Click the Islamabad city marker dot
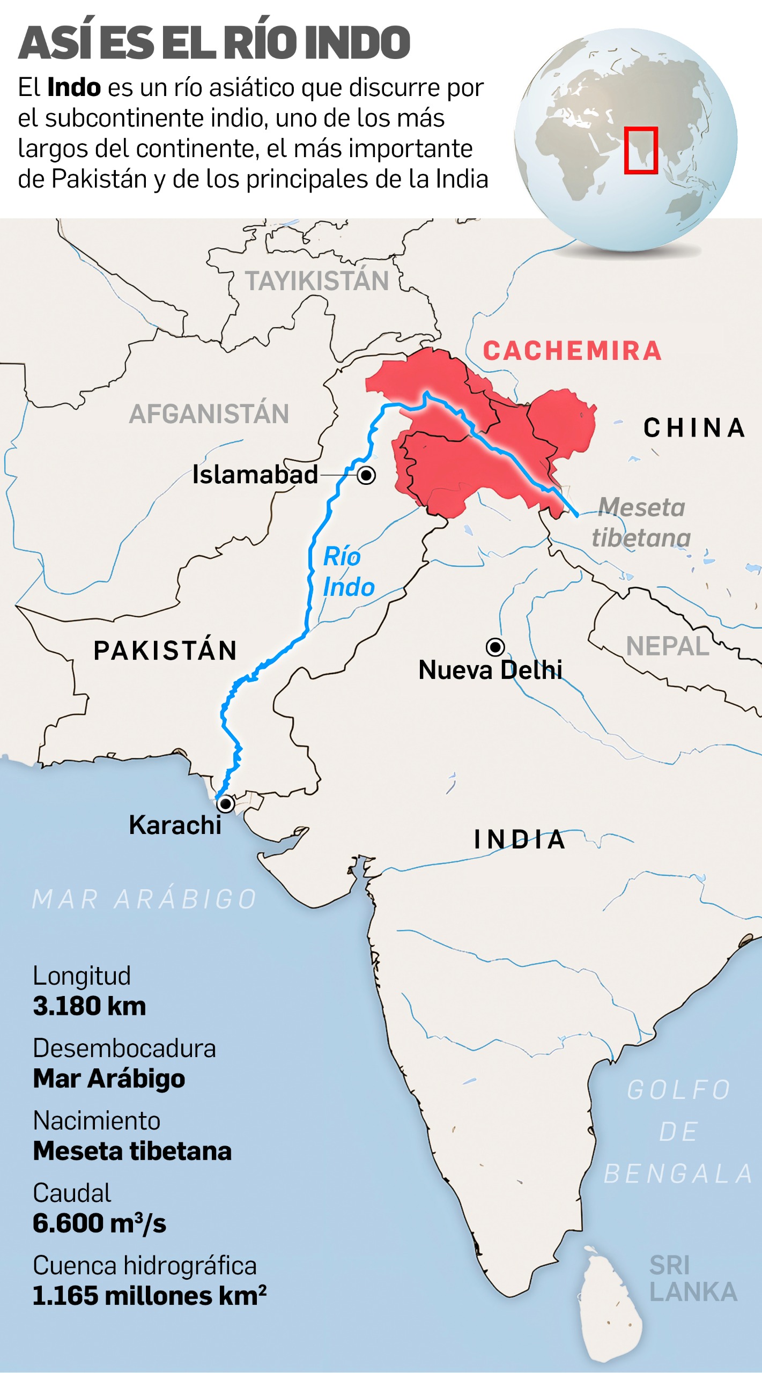pyautogui.click(x=367, y=475)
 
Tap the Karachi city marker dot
pyautogui.click(x=226, y=804)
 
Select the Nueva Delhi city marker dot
pyautogui.click(x=495, y=647)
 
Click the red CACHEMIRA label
pyautogui.click(x=572, y=351)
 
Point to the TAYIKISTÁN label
pyautogui.click(x=317, y=281)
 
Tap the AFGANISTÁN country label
pyautogui.click(x=209, y=414)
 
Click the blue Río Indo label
pyautogui.click(x=348, y=572)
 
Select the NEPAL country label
pyautogui.click(x=668, y=646)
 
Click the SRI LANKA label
pyautogui.click(x=692, y=1279)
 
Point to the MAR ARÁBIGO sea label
pyautogui.click(x=145, y=899)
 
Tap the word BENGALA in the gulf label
pyautogui.click(x=678, y=1174)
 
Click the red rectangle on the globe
pyautogui.click(x=641, y=150)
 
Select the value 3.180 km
pyautogui.click(x=90, y=1006)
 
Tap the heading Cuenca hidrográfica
pyautogui.click(x=145, y=1266)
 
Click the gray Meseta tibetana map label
pyautogui.click(x=641, y=522)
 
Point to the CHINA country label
pyautogui.click(x=694, y=428)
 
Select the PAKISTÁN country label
pyautogui.click(x=165, y=651)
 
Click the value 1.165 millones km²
pyautogui.click(x=150, y=1296)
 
